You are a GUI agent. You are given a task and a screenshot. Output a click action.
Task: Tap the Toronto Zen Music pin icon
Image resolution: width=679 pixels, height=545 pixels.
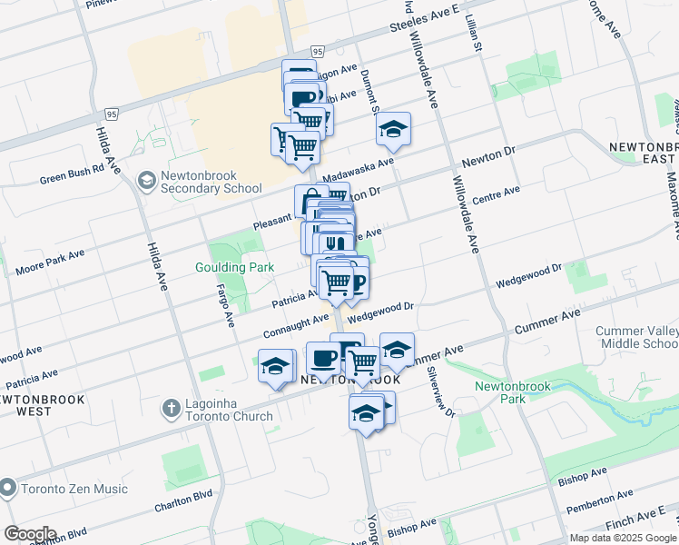pyautogui.click(x=8, y=489)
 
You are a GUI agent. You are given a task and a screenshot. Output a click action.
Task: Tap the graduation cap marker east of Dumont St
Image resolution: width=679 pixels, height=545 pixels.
pyautogui.click(x=394, y=131)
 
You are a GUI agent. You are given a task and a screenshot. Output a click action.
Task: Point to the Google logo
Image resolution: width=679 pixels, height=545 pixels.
pyautogui.click(x=29, y=534)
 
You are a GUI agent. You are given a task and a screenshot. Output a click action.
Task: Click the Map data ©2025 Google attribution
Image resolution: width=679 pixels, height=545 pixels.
pyautogui.click(x=622, y=538)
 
